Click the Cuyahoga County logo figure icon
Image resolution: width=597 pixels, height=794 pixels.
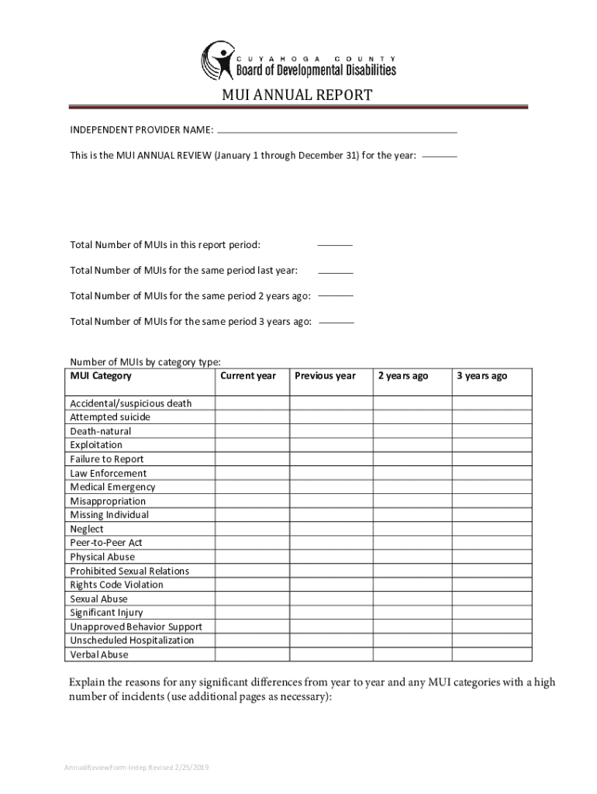217,60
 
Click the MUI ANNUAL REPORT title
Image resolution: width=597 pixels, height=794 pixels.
298,95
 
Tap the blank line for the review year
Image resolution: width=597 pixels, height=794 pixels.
440,155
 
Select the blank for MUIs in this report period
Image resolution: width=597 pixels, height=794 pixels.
335,244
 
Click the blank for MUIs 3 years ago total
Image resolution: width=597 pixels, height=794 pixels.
336,321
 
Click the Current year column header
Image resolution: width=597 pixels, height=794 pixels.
248,376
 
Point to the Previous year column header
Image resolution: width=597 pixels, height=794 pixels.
325,376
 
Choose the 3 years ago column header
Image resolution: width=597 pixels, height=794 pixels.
481,376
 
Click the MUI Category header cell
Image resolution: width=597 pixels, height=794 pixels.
101,376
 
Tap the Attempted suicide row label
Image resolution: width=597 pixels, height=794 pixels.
110,417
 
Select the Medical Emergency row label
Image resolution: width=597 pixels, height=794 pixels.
112,487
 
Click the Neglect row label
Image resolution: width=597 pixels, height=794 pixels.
87,529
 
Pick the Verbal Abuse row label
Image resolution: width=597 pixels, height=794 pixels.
99,654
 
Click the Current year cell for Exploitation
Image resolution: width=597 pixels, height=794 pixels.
253,445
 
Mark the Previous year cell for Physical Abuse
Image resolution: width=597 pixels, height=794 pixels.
331,557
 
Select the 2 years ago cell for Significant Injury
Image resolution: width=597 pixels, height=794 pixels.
412,613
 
